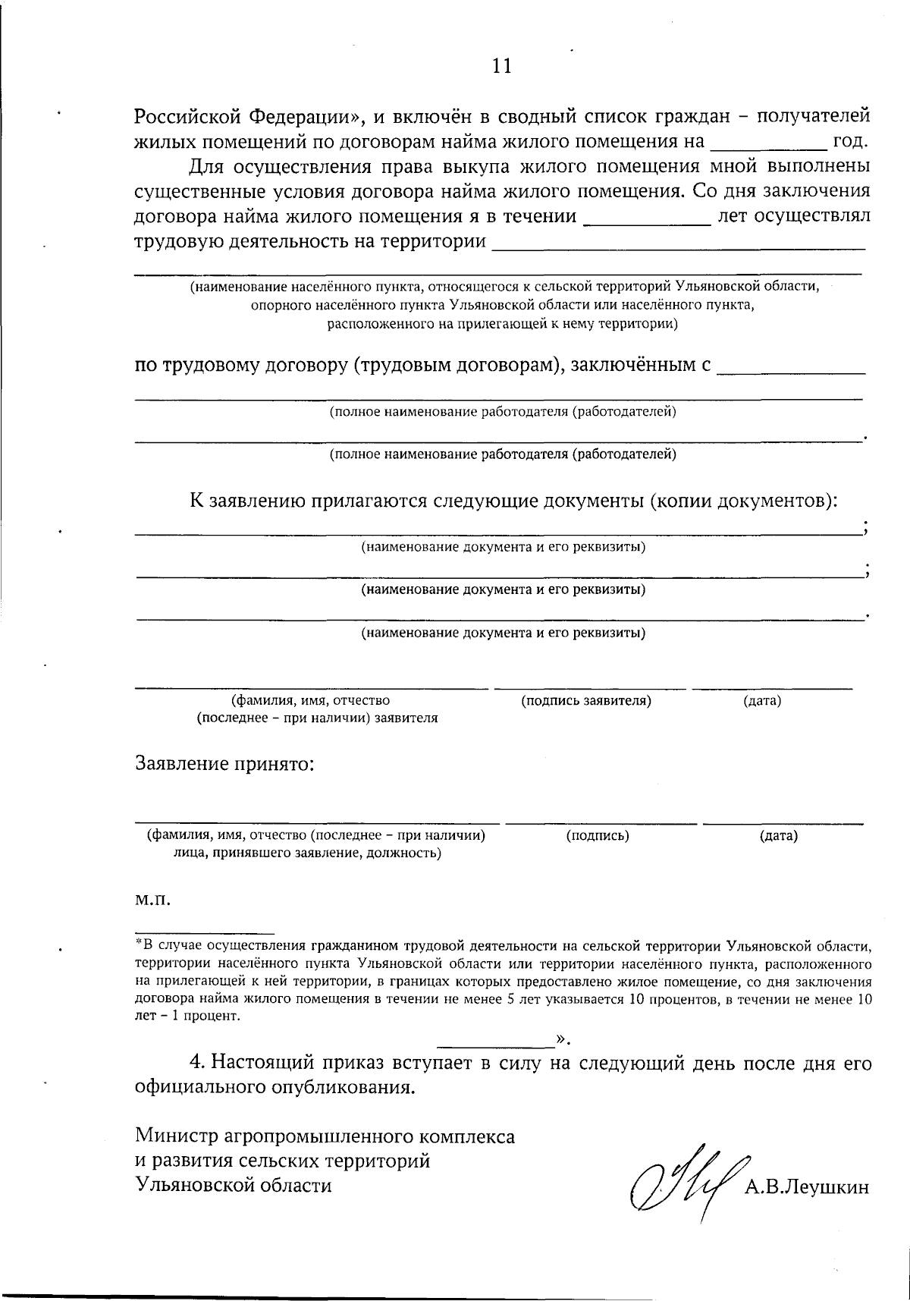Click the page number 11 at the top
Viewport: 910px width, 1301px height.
(x=502, y=66)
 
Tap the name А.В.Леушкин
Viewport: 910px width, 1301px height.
(x=806, y=1187)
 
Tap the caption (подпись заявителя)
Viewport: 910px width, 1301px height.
(x=586, y=701)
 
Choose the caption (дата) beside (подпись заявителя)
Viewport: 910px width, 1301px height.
(x=762, y=701)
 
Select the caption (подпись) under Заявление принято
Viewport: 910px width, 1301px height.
(x=598, y=836)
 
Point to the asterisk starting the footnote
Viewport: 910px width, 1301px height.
(x=138, y=944)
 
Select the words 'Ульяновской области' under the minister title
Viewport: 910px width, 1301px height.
(x=234, y=1185)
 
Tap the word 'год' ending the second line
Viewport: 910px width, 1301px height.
(x=849, y=142)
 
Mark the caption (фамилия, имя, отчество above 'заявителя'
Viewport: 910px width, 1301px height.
(x=311, y=701)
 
